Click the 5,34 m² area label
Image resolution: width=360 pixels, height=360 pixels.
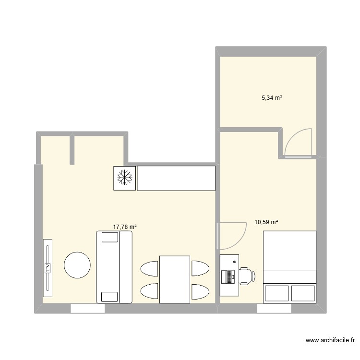(x=271, y=98)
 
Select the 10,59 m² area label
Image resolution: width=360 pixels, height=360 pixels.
(x=266, y=222)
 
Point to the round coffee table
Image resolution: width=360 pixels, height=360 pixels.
(x=77, y=265)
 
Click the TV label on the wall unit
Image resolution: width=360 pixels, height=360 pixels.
(x=48, y=268)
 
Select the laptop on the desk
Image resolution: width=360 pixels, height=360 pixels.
(x=226, y=277)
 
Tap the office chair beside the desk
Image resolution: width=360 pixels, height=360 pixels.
(x=247, y=276)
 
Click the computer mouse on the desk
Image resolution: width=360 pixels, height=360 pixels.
(x=234, y=262)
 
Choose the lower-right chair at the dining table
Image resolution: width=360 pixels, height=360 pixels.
(x=200, y=291)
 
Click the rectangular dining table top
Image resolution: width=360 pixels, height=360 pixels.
(x=175, y=279)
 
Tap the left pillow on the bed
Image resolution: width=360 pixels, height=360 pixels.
(x=276, y=293)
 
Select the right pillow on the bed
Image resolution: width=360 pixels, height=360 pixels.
(x=303, y=293)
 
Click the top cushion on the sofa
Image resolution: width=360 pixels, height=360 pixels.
(x=109, y=237)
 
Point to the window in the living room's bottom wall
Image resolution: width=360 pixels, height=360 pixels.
(x=88, y=309)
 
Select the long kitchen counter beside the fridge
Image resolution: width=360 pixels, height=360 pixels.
(x=176, y=178)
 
